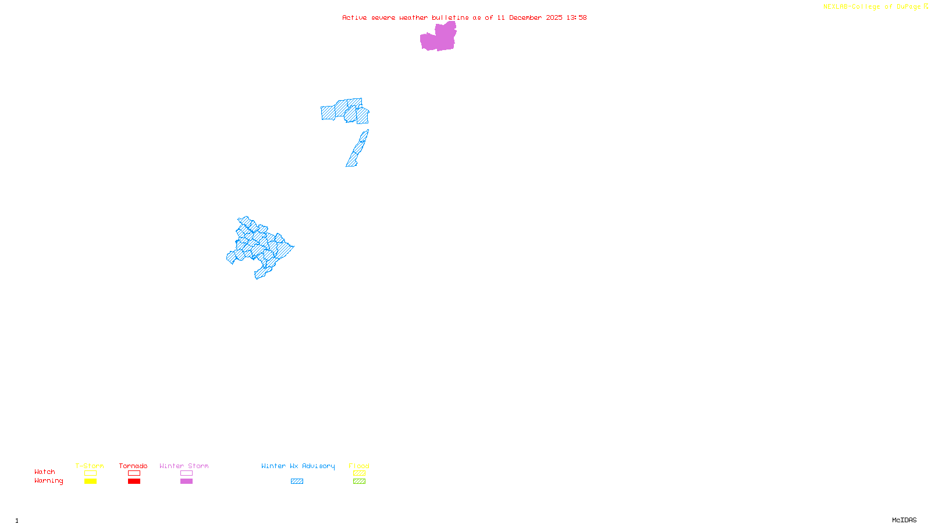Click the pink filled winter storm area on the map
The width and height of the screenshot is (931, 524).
click(x=438, y=38)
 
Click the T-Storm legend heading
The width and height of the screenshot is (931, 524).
click(x=90, y=466)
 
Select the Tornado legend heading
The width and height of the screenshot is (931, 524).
click(x=133, y=466)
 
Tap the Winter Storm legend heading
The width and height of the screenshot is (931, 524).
click(x=184, y=466)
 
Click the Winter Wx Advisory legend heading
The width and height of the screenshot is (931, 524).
click(x=298, y=466)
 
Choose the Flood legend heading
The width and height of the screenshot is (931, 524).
click(x=359, y=466)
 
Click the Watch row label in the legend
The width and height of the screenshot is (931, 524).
click(x=45, y=472)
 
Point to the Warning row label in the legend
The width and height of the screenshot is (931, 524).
click(x=49, y=481)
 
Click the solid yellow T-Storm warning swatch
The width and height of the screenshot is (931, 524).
click(x=90, y=481)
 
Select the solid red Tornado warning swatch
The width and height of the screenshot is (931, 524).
click(x=134, y=481)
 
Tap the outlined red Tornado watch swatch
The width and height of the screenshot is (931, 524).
click(x=134, y=473)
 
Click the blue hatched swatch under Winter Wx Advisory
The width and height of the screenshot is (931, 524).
click(x=297, y=481)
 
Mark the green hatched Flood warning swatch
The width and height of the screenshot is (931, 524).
click(x=359, y=481)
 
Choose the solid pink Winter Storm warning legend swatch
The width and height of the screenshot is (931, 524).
click(x=186, y=481)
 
